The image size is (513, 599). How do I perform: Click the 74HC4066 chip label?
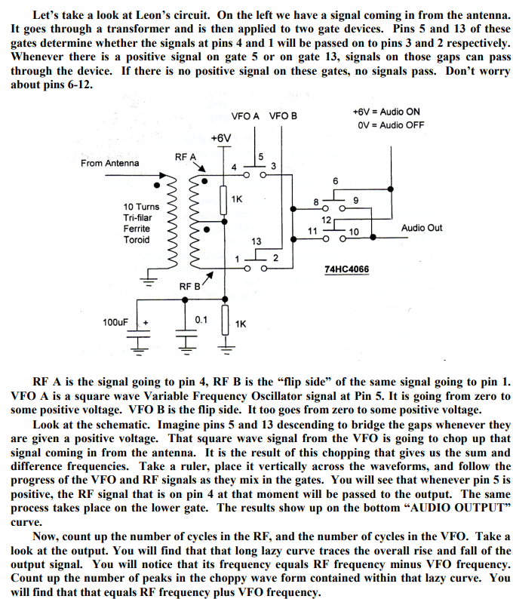(346, 269)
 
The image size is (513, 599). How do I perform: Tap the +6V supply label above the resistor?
(221, 138)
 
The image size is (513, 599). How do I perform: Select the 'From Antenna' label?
(109, 163)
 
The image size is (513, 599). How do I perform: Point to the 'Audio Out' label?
(422, 228)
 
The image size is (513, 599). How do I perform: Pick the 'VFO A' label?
(245, 116)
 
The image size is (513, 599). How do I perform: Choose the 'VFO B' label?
(283, 116)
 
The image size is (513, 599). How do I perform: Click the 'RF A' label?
(185, 156)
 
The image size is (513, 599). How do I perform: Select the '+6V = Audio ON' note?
(386, 111)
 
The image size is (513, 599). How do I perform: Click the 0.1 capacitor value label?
(201, 320)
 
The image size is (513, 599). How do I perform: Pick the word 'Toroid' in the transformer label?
(137, 240)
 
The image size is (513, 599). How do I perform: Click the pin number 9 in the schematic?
(355, 200)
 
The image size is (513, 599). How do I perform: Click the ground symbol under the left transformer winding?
(151, 284)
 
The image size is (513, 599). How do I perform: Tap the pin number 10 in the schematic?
(354, 230)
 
